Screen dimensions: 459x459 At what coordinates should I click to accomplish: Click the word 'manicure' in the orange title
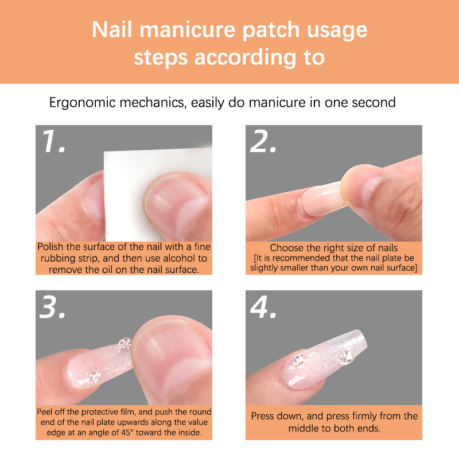(x=188, y=30)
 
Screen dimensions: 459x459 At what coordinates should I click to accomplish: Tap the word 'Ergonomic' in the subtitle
(x=82, y=103)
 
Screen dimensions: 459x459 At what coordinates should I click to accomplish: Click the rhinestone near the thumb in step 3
(x=125, y=343)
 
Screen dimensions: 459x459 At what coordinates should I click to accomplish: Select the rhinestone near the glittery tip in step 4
(x=347, y=357)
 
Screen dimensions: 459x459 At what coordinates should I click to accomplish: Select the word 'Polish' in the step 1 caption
(x=50, y=247)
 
